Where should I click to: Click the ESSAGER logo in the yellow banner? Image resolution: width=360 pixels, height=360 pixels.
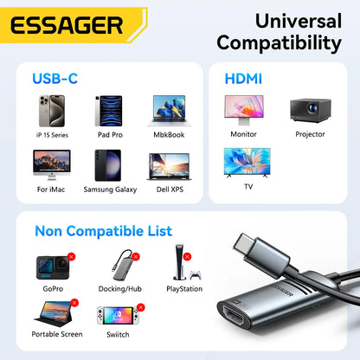67,23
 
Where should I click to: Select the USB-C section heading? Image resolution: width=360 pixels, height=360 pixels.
55,79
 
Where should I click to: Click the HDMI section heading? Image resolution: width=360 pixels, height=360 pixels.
243,79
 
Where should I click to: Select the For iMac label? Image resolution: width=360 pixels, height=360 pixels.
48,189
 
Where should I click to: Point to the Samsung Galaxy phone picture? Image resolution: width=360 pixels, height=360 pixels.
106,167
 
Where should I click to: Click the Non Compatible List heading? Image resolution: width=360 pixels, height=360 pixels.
103,231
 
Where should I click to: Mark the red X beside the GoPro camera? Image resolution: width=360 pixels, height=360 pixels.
71,256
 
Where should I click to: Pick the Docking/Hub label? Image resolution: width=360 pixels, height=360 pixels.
119,289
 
